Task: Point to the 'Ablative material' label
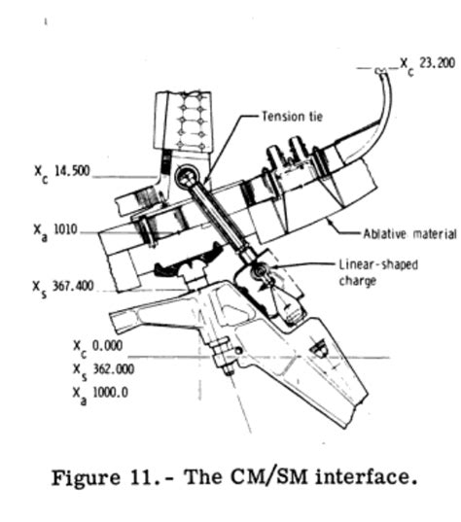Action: tap(409, 233)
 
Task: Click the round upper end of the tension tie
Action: tap(188, 176)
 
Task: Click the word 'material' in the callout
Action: tap(432, 233)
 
